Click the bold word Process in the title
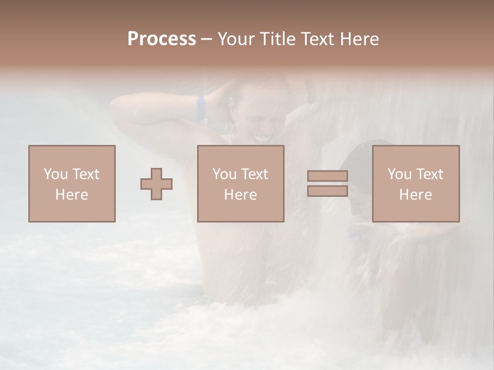(162, 39)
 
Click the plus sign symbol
(156, 183)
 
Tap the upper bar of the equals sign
(327, 176)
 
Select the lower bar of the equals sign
(327, 191)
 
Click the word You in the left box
(55, 174)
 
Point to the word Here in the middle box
(240, 195)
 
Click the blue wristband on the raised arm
(200, 107)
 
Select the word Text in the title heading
(316, 39)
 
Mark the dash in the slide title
(207, 39)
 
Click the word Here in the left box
(72, 195)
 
